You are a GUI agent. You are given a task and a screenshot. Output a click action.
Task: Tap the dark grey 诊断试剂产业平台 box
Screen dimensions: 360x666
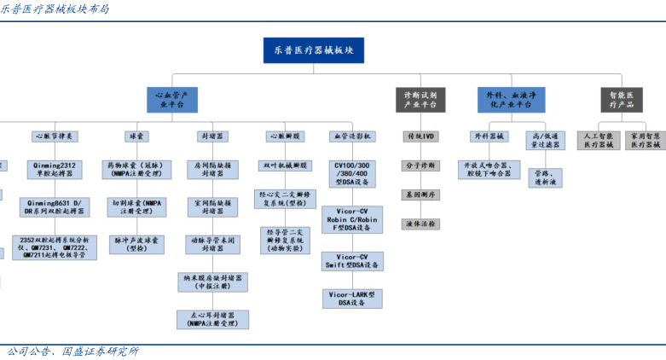point(420,100)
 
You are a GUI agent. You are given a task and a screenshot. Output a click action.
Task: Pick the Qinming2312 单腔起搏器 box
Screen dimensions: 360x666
point(55,169)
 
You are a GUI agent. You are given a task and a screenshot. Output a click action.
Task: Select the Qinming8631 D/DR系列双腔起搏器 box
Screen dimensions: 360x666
point(55,207)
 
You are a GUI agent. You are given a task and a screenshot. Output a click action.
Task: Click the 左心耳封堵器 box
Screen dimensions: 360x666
point(212,319)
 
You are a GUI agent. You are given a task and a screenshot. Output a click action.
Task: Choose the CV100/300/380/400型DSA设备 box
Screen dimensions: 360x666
point(353,173)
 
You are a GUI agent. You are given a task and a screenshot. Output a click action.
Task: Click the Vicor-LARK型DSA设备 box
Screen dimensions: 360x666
point(353,298)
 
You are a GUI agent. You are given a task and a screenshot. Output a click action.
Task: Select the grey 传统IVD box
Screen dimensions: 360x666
point(420,136)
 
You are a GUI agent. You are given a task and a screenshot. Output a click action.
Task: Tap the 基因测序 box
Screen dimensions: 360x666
point(420,195)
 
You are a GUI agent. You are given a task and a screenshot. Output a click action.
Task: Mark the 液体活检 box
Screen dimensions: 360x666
point(420,224)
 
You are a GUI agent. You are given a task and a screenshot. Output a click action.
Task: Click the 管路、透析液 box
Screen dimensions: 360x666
point(544,177)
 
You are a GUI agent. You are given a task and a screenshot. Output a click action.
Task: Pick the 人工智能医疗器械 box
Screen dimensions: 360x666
point(598,141)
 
